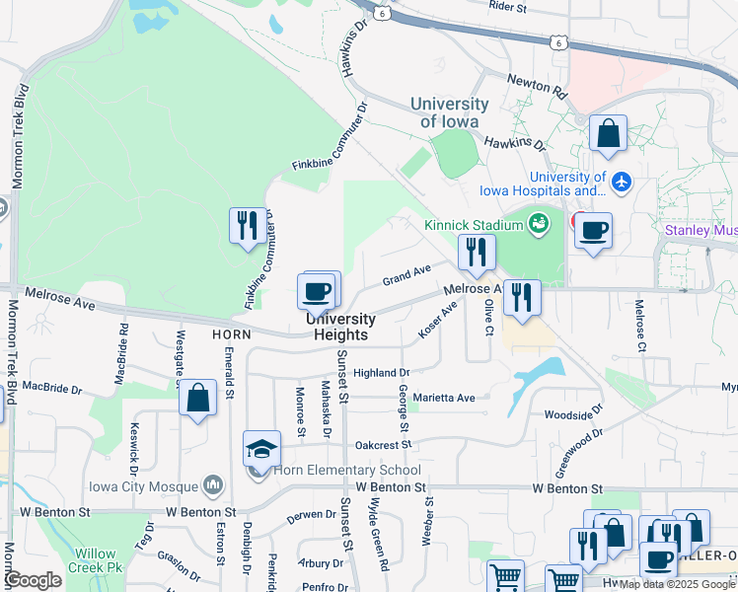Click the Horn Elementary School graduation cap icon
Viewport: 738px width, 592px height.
[x=260, y=449]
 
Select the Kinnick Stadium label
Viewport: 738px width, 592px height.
[x=473, y=225]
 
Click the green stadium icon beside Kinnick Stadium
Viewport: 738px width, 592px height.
[x=539, y=224]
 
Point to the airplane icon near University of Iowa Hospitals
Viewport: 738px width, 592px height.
[x=621, y=182]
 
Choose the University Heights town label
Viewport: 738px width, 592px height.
[x=340, y=327]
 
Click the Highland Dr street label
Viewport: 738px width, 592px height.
[x=381, y=373]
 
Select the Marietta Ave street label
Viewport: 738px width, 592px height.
[x=450, y=398]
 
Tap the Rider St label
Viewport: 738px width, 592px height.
[x=508, y=7]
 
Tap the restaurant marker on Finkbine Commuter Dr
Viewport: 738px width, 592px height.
[x=246, y=225]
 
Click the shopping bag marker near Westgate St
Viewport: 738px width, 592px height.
[x=198, y=399]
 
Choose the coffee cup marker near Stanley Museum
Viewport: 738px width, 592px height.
[x=593, y=231]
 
